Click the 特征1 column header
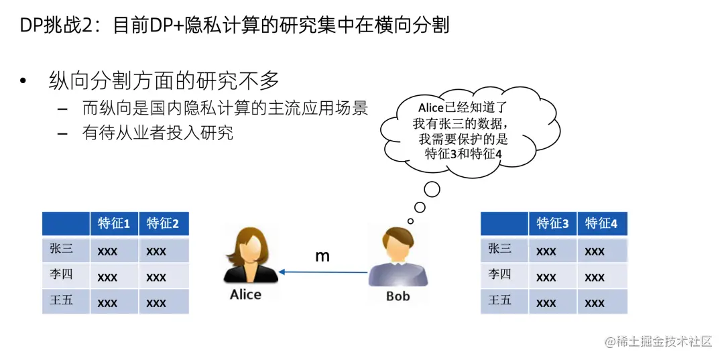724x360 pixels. pos(114,225)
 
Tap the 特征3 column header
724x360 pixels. pos(552,225)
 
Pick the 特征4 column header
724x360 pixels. pos(601,225)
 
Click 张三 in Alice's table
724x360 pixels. pos(61,249)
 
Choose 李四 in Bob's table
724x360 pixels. pos(499,275)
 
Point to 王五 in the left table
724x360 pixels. pos(61,300)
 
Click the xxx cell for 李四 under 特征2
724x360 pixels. pos(156,278)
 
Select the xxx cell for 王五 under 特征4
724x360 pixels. pos(595,303)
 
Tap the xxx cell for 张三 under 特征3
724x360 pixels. pos(546,251)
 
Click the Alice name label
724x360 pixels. pos(245,294)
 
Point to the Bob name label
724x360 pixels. pos(398,296)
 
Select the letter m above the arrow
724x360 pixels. pos(322,256)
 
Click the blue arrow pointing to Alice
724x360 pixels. pos(323,272)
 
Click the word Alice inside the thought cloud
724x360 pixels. pos(431,108)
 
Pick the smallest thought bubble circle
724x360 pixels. pos(410,221)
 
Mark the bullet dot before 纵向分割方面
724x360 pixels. pos(23,81)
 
